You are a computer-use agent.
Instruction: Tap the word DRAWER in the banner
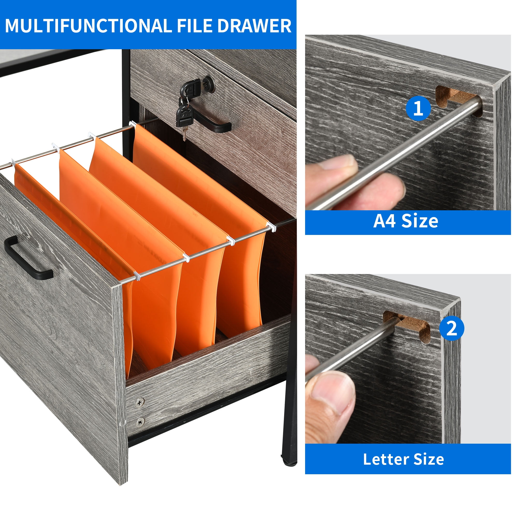pos(254,26)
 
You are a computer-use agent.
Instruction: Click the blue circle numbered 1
pos(418,109)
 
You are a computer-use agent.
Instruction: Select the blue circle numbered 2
pos(452,328)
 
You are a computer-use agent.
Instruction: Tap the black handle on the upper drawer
pos(212,122)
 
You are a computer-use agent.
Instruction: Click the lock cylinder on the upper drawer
pos(208,84)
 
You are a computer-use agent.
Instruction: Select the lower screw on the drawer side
pos(140,422)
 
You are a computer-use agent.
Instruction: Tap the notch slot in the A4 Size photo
pos(456,98)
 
